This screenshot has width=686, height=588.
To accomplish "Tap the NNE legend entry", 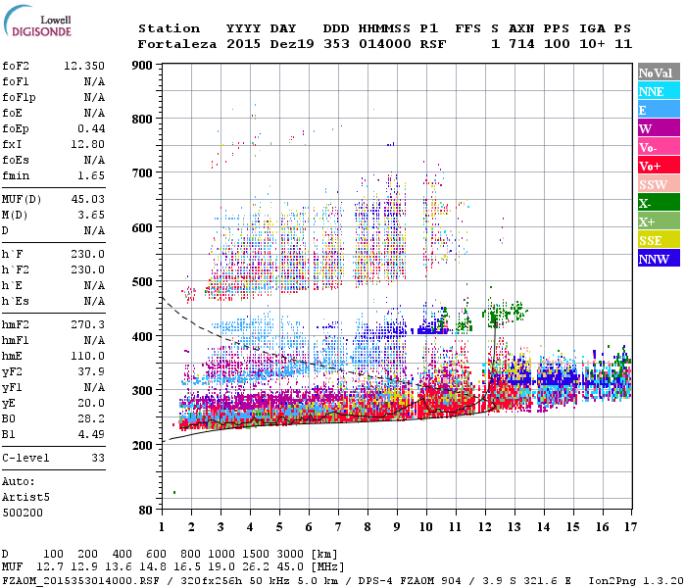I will (x=652, y=91).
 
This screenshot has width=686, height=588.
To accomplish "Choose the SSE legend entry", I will (x=652, y=240).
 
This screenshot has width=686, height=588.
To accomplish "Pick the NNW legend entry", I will (x=654, y=259).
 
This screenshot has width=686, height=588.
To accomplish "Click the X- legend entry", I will (x=646, y=203).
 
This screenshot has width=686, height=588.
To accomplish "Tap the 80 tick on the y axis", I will (x=145, y=511).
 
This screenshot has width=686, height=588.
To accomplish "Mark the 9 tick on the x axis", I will (x=396, y=527).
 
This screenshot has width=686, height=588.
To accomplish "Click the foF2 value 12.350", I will (x=83, y=66).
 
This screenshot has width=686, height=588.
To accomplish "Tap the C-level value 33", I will (x=97, y=458).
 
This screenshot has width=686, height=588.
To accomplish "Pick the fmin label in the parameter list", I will (x=16, y=175).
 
